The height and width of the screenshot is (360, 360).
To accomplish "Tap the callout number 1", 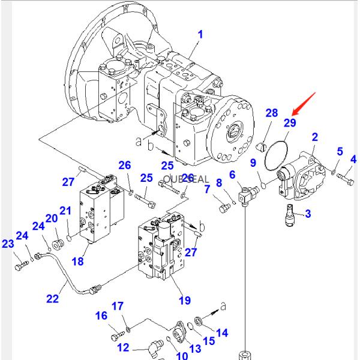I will pyautogui.click(x=200, y=34).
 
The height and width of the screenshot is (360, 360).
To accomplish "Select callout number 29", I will pyautogui.click(x=290, y=122).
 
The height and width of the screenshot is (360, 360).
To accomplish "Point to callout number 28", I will pyautogui.click(x=272, y=113).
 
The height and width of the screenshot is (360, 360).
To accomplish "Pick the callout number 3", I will pyautogui.click(x=308, y=213).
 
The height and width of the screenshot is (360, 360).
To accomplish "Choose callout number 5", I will pyautogui.click(x=339, y=151).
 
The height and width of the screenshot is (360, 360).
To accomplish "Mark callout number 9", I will pyautogui.click(x=253, y=163).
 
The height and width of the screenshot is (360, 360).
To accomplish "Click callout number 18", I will pyautogui.click(x=77, y=261).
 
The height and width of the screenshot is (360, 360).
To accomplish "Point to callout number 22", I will pyautogui.click(x=53, y=298).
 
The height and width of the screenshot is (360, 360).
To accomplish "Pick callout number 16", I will pyautogui.click(x=101, y=316).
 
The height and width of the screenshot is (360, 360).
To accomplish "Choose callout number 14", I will pyautogui.click(x=221, y=332).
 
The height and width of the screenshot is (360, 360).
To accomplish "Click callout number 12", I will pyautogui.click(x=122, y=347).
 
